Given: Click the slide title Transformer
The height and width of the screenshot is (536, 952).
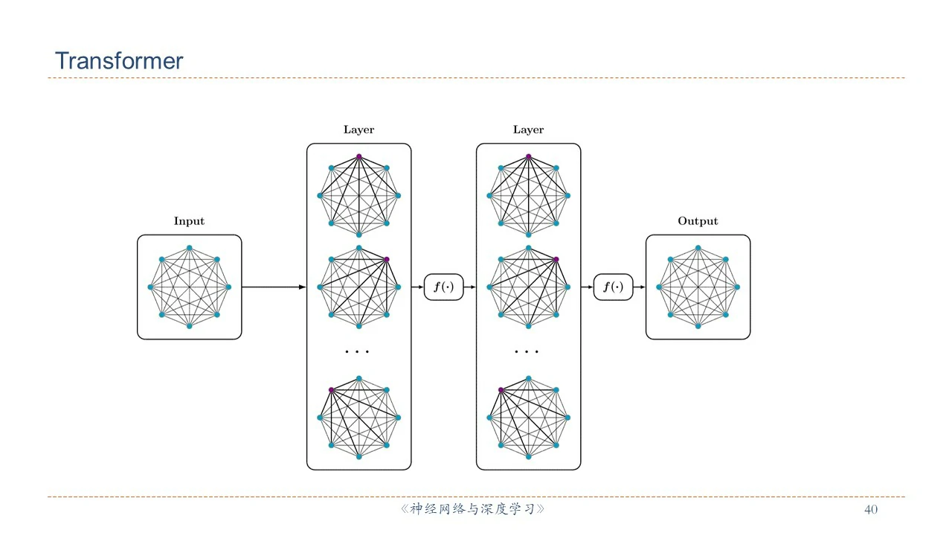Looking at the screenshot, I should [119, 61].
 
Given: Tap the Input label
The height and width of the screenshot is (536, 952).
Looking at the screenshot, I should [189, 221].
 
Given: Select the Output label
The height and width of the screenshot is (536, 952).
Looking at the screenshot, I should [698, 221].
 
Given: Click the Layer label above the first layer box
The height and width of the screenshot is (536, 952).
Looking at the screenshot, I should [358, 130].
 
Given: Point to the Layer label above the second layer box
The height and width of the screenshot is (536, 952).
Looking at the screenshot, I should [528, 130].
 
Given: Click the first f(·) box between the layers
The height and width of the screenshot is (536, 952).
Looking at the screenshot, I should [443, 287].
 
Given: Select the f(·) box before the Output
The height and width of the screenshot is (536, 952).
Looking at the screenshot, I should [613, 287].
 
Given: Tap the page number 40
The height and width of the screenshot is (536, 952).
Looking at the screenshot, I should [870, 510].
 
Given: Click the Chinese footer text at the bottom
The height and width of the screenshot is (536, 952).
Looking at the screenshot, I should [473, 510].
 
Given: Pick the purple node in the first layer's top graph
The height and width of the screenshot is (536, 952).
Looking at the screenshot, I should [358, 156].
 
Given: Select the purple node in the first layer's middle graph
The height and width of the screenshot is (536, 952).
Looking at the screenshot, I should [387, 259].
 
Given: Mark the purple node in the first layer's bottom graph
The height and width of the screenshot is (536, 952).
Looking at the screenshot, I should [331, 390].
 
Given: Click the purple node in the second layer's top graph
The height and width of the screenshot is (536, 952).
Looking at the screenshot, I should [528, 156].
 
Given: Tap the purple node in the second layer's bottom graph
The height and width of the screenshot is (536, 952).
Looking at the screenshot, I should [501, 390].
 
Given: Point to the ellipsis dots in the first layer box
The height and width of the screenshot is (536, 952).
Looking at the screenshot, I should [358, 351].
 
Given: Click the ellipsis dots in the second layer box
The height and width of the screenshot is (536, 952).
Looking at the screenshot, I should [527, 351].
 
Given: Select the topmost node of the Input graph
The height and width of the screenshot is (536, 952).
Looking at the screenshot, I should [189, 247].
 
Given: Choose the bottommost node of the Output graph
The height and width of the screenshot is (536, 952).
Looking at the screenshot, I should [698, 326].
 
